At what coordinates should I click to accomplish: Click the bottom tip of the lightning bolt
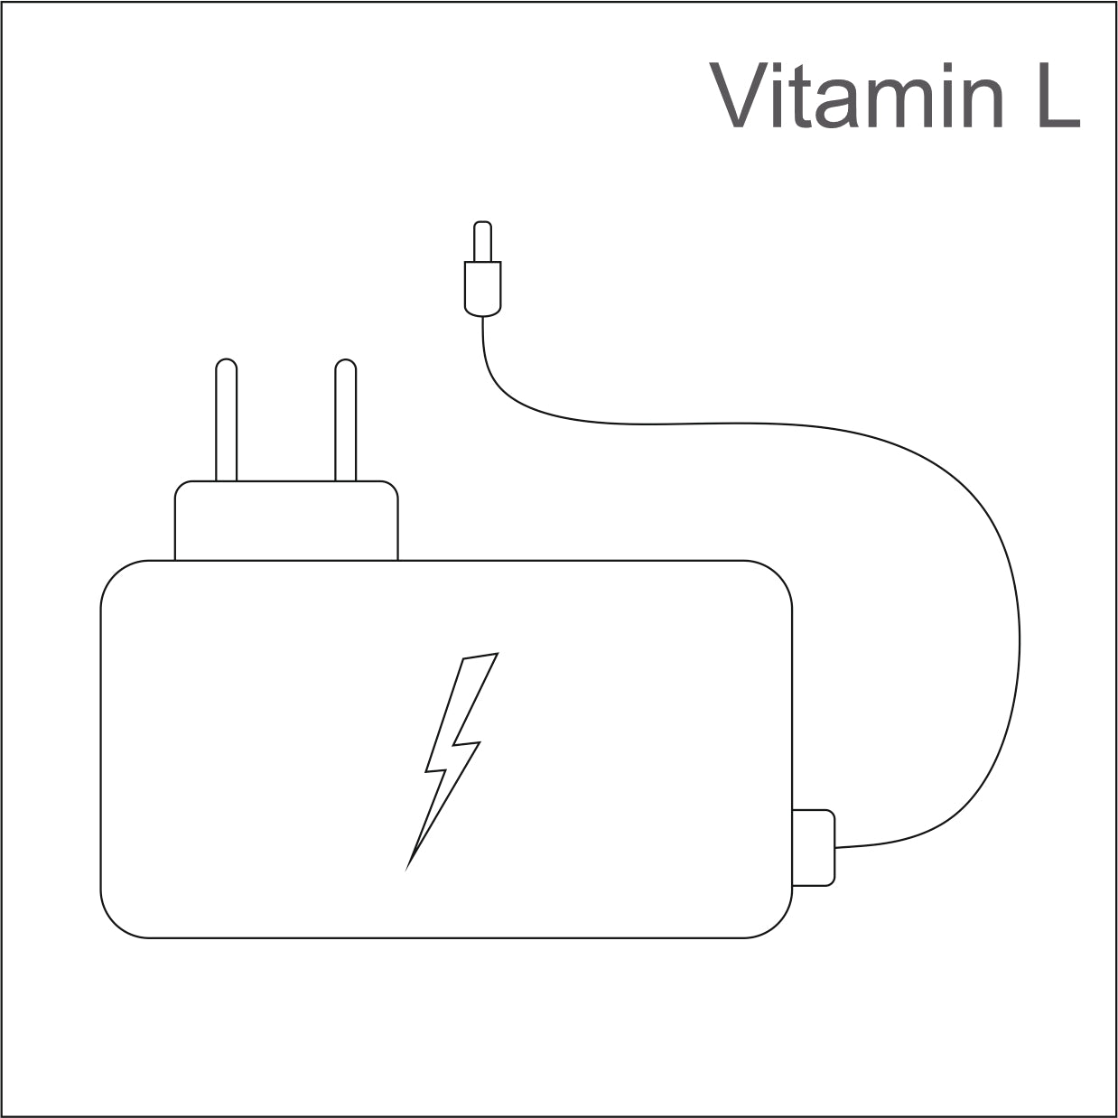pos(406,870)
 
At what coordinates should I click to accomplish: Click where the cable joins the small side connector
pos(834,848)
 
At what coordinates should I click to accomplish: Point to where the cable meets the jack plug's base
pos(483,317)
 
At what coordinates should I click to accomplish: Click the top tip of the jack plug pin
pos(483,221)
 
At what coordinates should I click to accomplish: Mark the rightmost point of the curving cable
pos(1020,641)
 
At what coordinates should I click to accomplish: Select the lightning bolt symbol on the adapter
pos(452,761)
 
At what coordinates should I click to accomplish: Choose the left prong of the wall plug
pos(227,420)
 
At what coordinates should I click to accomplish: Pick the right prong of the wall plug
pos(345,420)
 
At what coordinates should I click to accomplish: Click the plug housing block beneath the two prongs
pos(286,520)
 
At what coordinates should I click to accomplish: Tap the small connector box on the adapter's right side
pos(814,848)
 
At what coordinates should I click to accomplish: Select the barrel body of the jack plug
pos(483,289)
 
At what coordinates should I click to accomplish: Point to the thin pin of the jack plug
pos(483,241)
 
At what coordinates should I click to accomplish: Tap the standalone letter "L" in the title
pos(1058,95)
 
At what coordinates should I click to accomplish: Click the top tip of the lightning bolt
pos(498,653)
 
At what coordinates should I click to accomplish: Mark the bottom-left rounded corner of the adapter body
pos(116,922)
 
